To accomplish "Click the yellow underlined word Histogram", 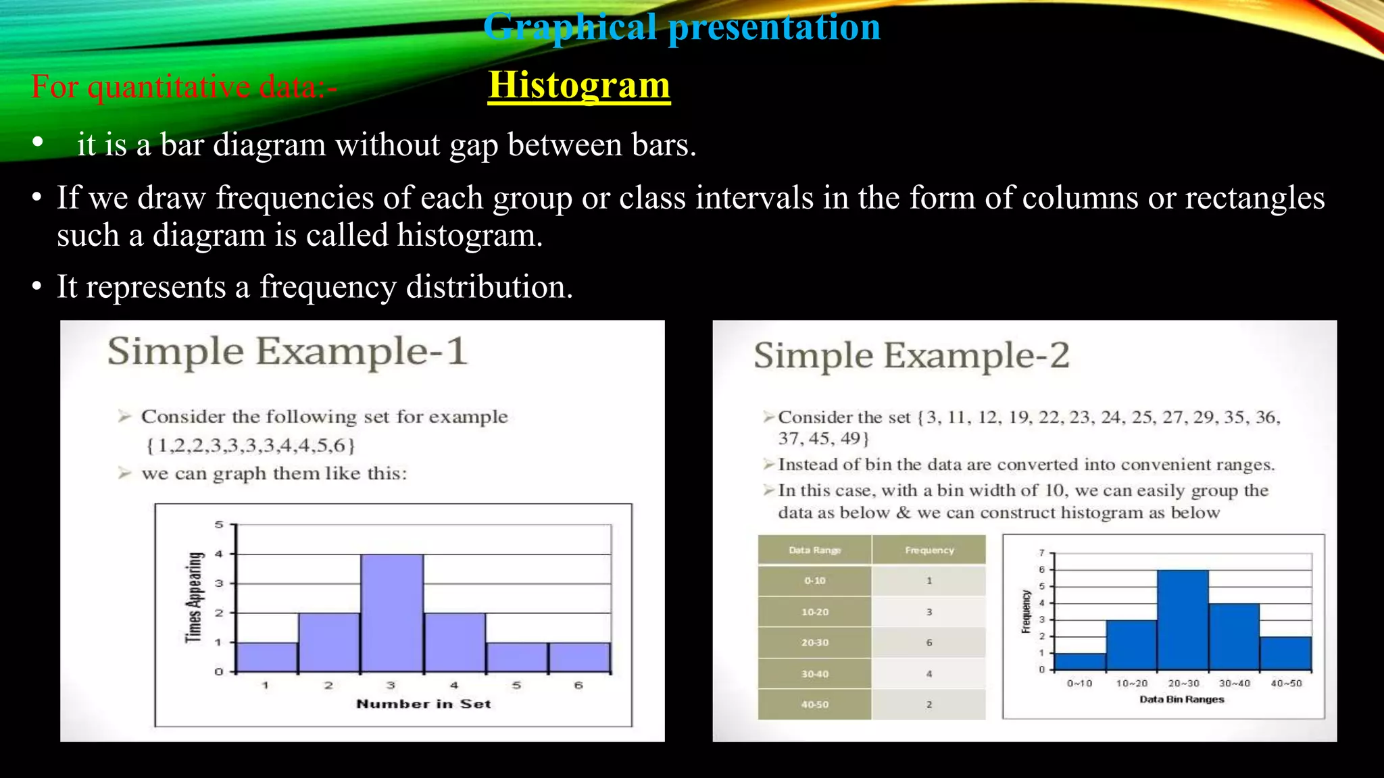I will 579,86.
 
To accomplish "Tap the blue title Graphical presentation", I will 682,27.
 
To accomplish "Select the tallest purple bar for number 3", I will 392,613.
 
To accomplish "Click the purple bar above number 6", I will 579,657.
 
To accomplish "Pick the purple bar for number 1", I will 266,657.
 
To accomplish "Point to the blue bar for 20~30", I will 1183,620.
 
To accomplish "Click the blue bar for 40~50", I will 1285,653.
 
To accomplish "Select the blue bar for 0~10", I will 1080,661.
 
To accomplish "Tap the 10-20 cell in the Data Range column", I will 814,612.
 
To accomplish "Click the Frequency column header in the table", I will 929,550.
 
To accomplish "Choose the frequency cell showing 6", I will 929,642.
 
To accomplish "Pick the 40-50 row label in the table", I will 814,704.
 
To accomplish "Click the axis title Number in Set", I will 424,704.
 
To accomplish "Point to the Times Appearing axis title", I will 194,598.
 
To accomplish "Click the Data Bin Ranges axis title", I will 1181,699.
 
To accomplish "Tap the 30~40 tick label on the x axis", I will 1234,683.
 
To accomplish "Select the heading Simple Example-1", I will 287,352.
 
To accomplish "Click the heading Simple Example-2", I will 912,356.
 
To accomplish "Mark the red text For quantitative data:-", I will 184,87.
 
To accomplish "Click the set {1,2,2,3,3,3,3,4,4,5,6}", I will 250,446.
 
